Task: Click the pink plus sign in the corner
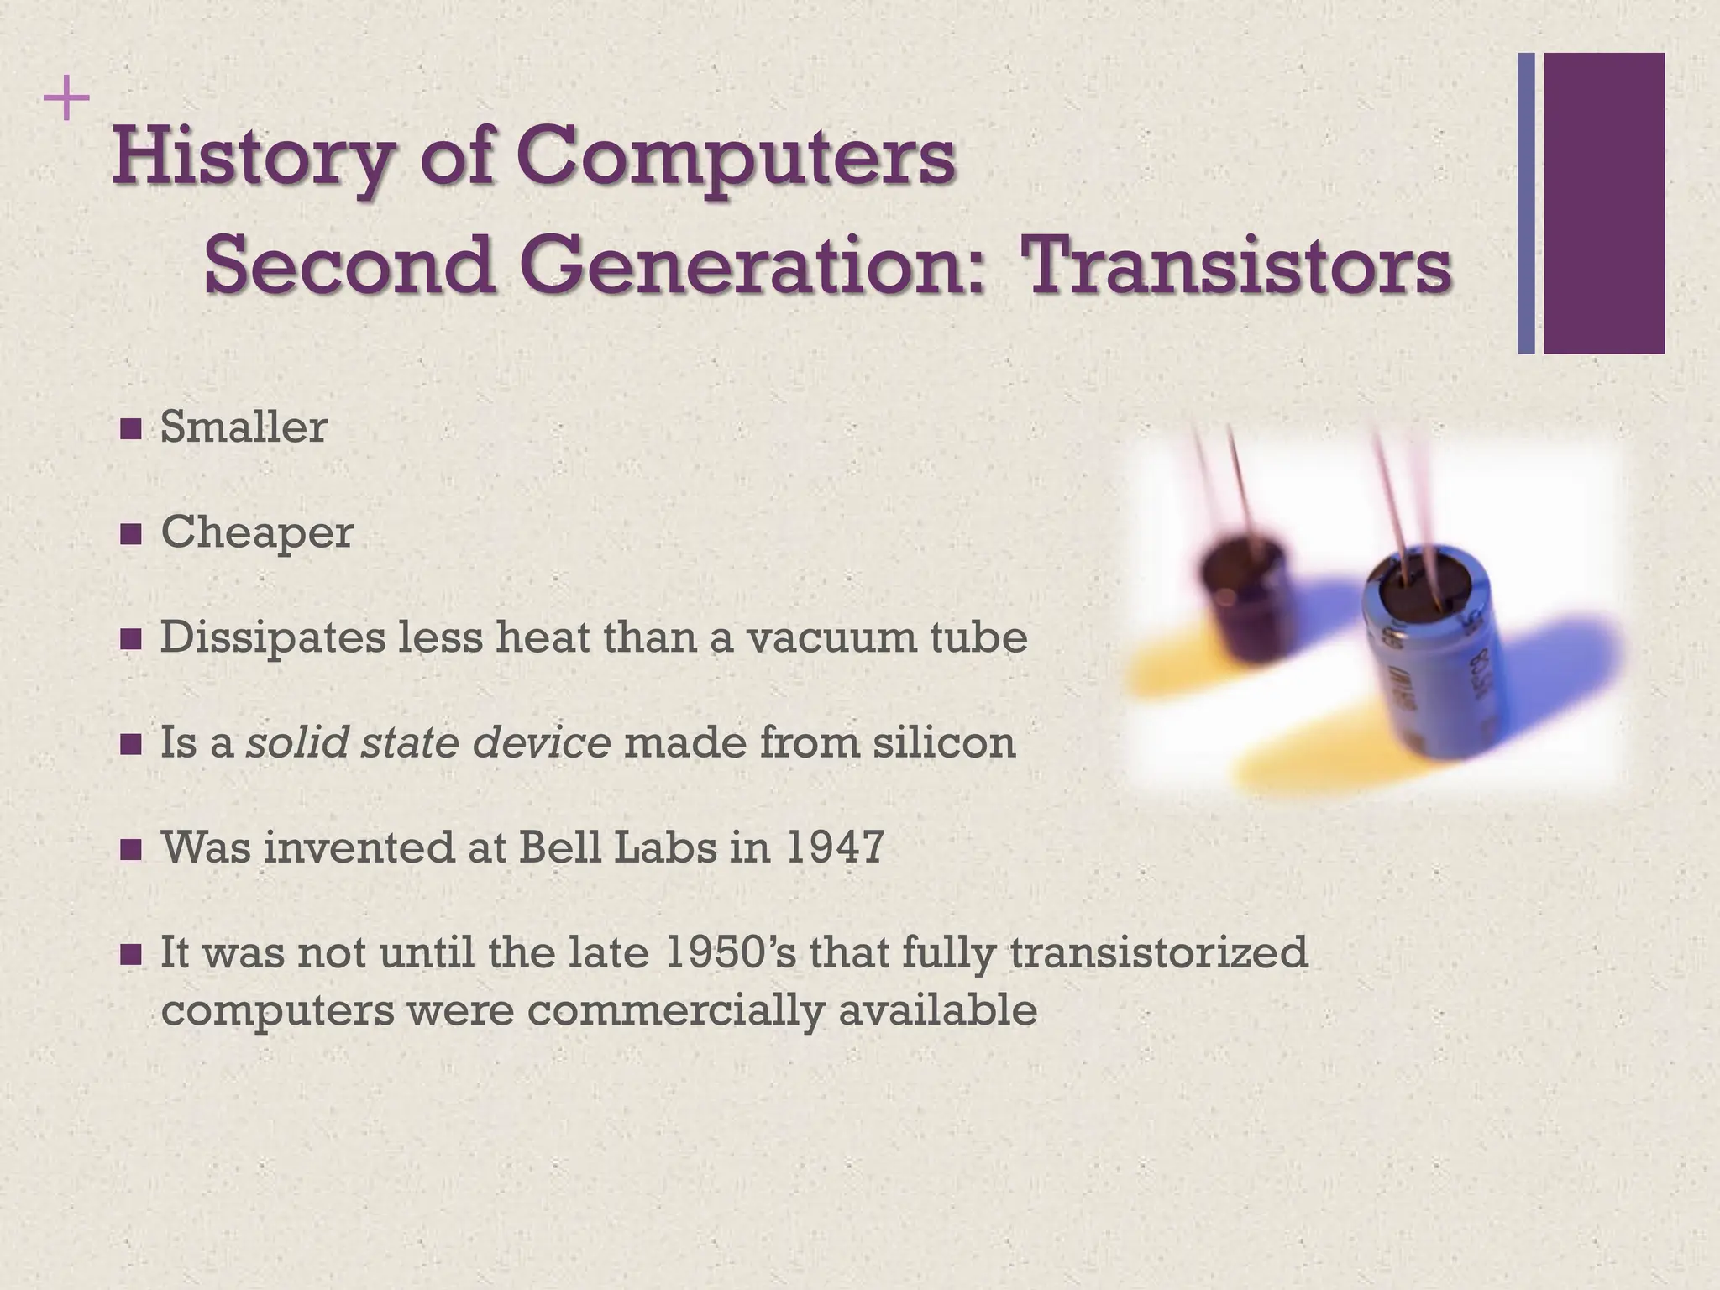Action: [66, 102]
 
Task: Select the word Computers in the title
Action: [735, 158]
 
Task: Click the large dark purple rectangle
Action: [1604, 203]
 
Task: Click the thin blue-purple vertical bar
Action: [1526, 203]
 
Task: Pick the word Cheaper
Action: [257, 532]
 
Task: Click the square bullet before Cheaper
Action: [131, 534]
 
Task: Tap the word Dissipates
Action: [270, 637]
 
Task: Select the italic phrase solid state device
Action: [427, 742]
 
